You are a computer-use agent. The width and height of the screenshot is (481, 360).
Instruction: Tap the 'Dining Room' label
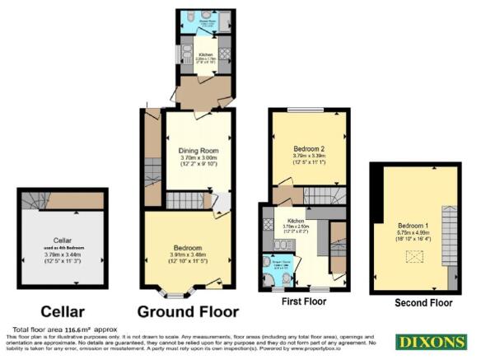pyautogui.click(x=198, y=150)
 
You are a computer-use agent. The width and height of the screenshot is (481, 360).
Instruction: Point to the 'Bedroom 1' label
pyautogui.click(x=412, y=225)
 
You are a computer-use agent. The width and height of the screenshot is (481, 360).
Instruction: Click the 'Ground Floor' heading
pyautogui.click(x=188, y=311)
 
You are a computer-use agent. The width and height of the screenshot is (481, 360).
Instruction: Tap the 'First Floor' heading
pyautogui.click(x=303, y=302)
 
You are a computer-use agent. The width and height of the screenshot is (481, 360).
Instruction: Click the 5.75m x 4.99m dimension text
pyautogui.click(x=412, y=232)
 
